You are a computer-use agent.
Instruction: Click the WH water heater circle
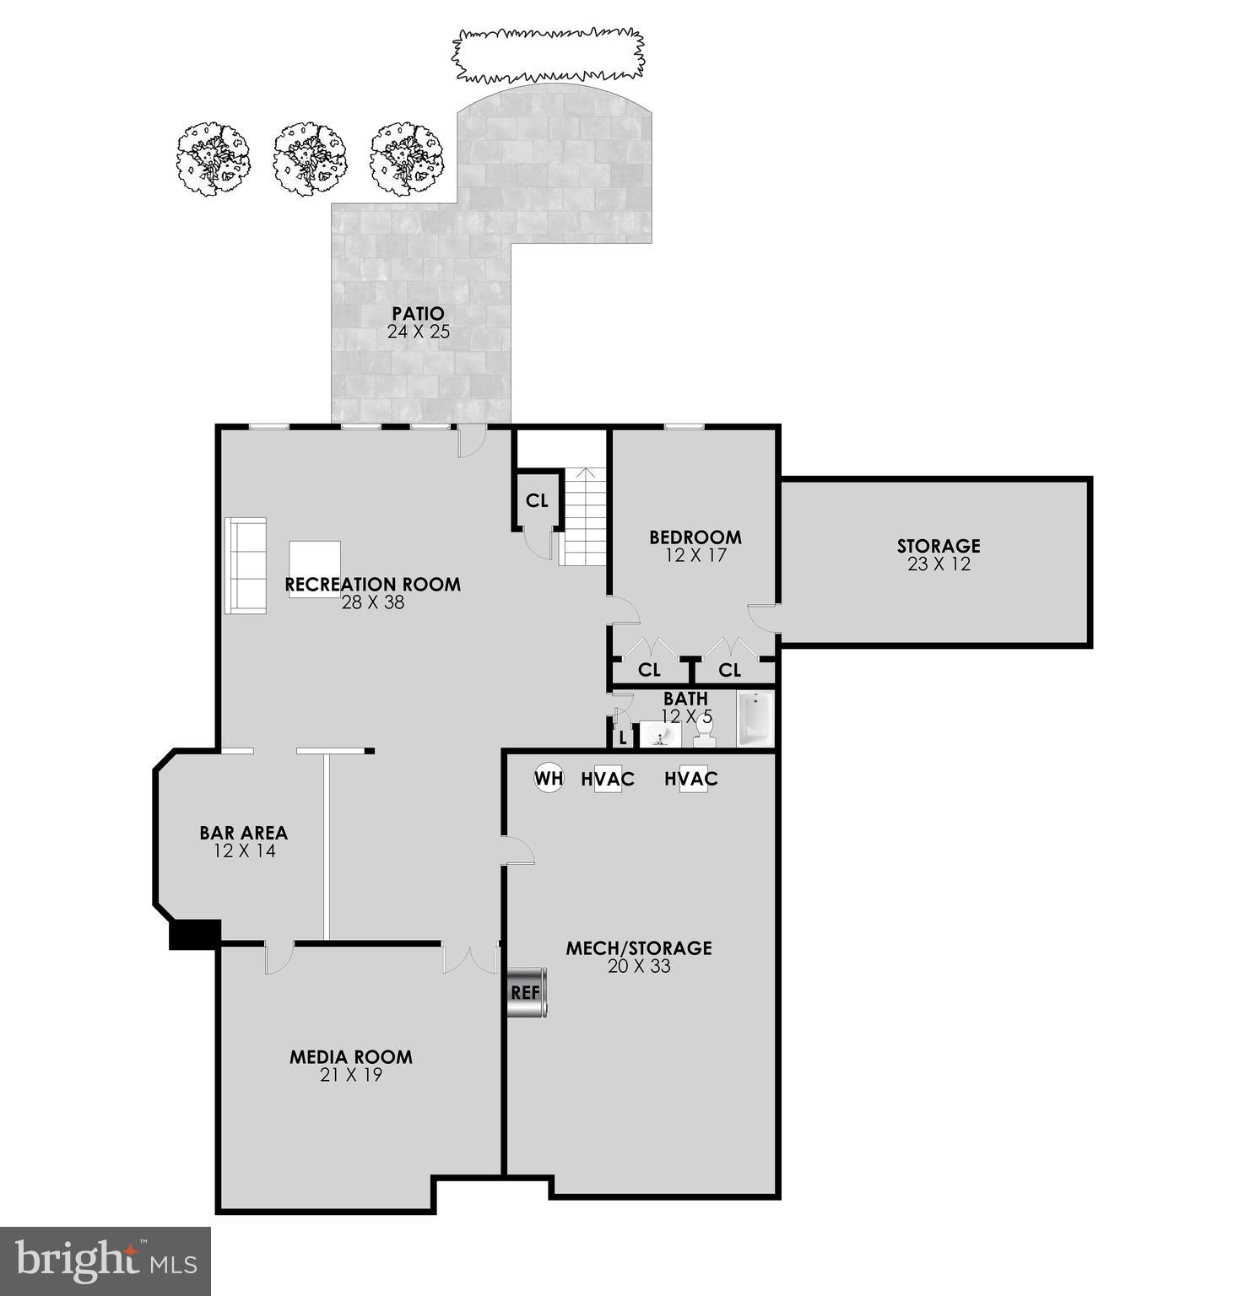549,778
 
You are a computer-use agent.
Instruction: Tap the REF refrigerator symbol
526,992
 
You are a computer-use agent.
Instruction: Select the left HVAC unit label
608,779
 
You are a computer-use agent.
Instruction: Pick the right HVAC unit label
691,779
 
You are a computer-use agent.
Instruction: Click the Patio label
418,315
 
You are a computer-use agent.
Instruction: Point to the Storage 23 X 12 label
939,554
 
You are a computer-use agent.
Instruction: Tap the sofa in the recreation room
246,565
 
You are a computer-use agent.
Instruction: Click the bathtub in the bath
755,720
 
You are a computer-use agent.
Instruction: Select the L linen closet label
623,737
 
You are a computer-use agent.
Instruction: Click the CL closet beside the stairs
537,500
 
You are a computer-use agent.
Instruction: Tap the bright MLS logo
106,1261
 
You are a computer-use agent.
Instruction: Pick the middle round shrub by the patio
310,160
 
